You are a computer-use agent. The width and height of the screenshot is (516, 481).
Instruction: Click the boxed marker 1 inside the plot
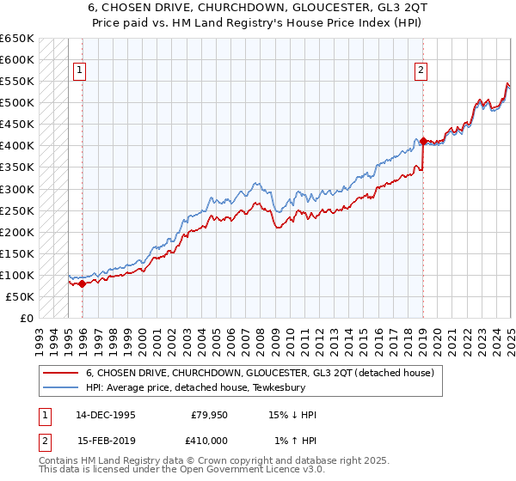tap(78, 71)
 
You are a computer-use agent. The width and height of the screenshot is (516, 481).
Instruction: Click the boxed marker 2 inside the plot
tap(421, 71)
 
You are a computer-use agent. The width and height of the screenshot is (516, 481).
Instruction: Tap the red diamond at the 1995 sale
tap(83, 283)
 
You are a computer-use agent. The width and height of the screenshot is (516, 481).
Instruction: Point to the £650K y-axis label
tap(17, 39)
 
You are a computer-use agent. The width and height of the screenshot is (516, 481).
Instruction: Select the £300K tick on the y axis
tap(17, 189)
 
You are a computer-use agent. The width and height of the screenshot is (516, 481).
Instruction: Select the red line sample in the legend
tap(60, 373)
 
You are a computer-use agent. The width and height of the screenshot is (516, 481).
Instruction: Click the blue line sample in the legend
tap(60, 387)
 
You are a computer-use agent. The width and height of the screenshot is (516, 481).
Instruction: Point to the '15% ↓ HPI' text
tap(293, 415)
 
